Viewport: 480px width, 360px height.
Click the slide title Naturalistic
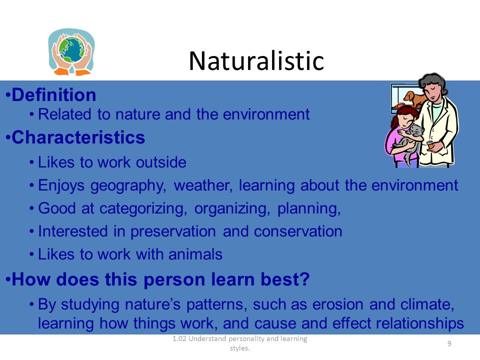pos(256,60)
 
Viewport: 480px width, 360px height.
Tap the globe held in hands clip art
pos(71,51)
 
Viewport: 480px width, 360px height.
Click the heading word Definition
pos(54,94)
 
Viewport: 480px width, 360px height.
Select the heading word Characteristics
pos(78,137)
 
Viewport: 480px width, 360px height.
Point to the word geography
pos(128,186)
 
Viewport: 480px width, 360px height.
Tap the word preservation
pos(173,232)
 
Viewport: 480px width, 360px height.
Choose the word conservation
pos(298,231)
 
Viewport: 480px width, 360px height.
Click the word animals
pos(195,254)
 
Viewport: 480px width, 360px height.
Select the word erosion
pos(338,304)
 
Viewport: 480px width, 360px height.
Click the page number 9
pos(449,343)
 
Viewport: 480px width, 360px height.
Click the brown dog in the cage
pos(414,98)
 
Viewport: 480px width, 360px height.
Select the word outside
pos(161,162)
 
